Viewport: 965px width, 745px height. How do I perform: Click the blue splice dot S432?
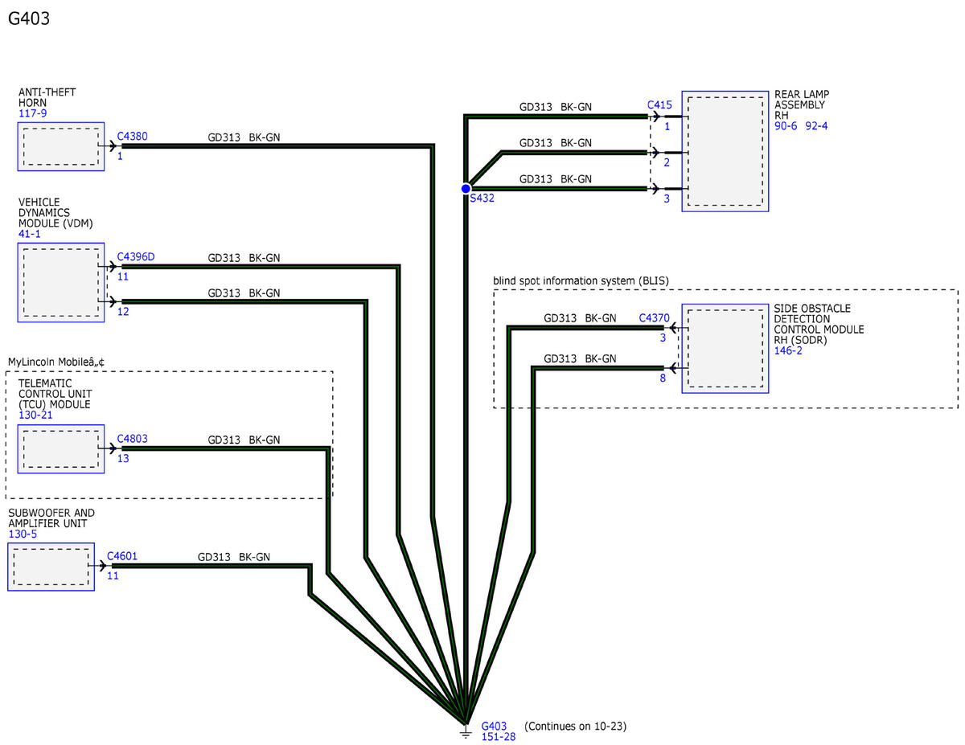point(466,189)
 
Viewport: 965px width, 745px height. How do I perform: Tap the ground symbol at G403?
point(465,731)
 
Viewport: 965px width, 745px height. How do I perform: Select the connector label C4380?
point(132,136)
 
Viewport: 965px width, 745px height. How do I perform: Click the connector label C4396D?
point(135,256)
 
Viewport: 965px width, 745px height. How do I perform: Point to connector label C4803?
point(132,438)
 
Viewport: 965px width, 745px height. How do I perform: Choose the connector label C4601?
point(122,556)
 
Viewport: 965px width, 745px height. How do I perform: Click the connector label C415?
point(659,104)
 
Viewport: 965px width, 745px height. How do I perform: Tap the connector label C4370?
point(654,317)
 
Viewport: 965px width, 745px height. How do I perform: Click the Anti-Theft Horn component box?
point(61,146)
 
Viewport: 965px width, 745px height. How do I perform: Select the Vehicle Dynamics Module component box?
point(61,282)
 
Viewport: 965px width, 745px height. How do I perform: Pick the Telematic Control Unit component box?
point(61,449)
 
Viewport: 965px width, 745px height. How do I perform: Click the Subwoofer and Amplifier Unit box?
point(51,567)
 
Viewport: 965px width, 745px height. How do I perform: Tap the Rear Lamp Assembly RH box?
point(725,151)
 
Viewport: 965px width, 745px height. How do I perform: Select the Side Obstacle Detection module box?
point(725,348)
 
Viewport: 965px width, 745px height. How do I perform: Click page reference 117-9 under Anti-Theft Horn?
point(32,113)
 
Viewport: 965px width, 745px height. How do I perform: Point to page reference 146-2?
point(788,350)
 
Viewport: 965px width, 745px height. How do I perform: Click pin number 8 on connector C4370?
point(663,378)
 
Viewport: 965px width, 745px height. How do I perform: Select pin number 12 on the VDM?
point(123,312)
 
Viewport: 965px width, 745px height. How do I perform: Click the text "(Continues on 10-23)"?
point(576,727)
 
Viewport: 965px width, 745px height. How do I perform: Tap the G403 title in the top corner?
point(29,18)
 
